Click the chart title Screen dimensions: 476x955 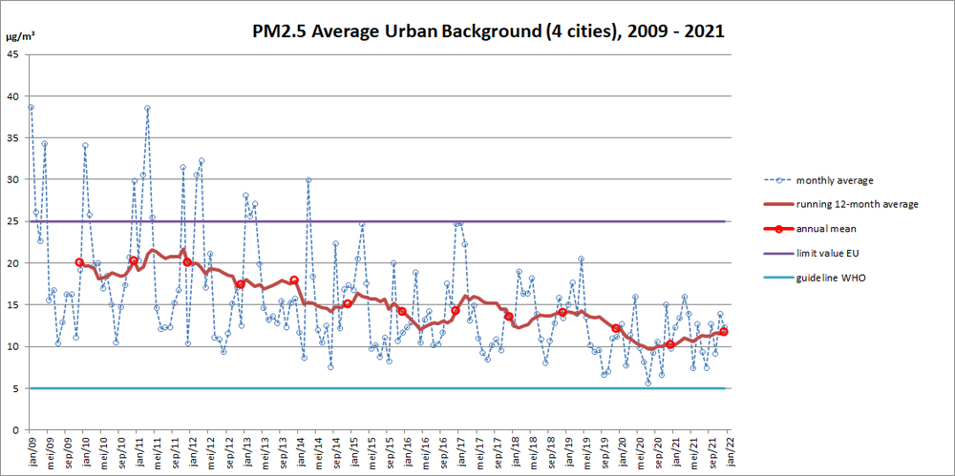coord(487,31)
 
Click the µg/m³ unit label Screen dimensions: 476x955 coord(21,35)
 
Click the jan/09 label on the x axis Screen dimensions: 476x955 coord(31,448)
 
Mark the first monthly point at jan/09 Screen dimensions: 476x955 coord(31,107)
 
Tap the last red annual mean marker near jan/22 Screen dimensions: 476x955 coord(724,331)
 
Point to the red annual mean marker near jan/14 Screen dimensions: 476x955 coord(294,280)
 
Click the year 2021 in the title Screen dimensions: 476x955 coord(702,31)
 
